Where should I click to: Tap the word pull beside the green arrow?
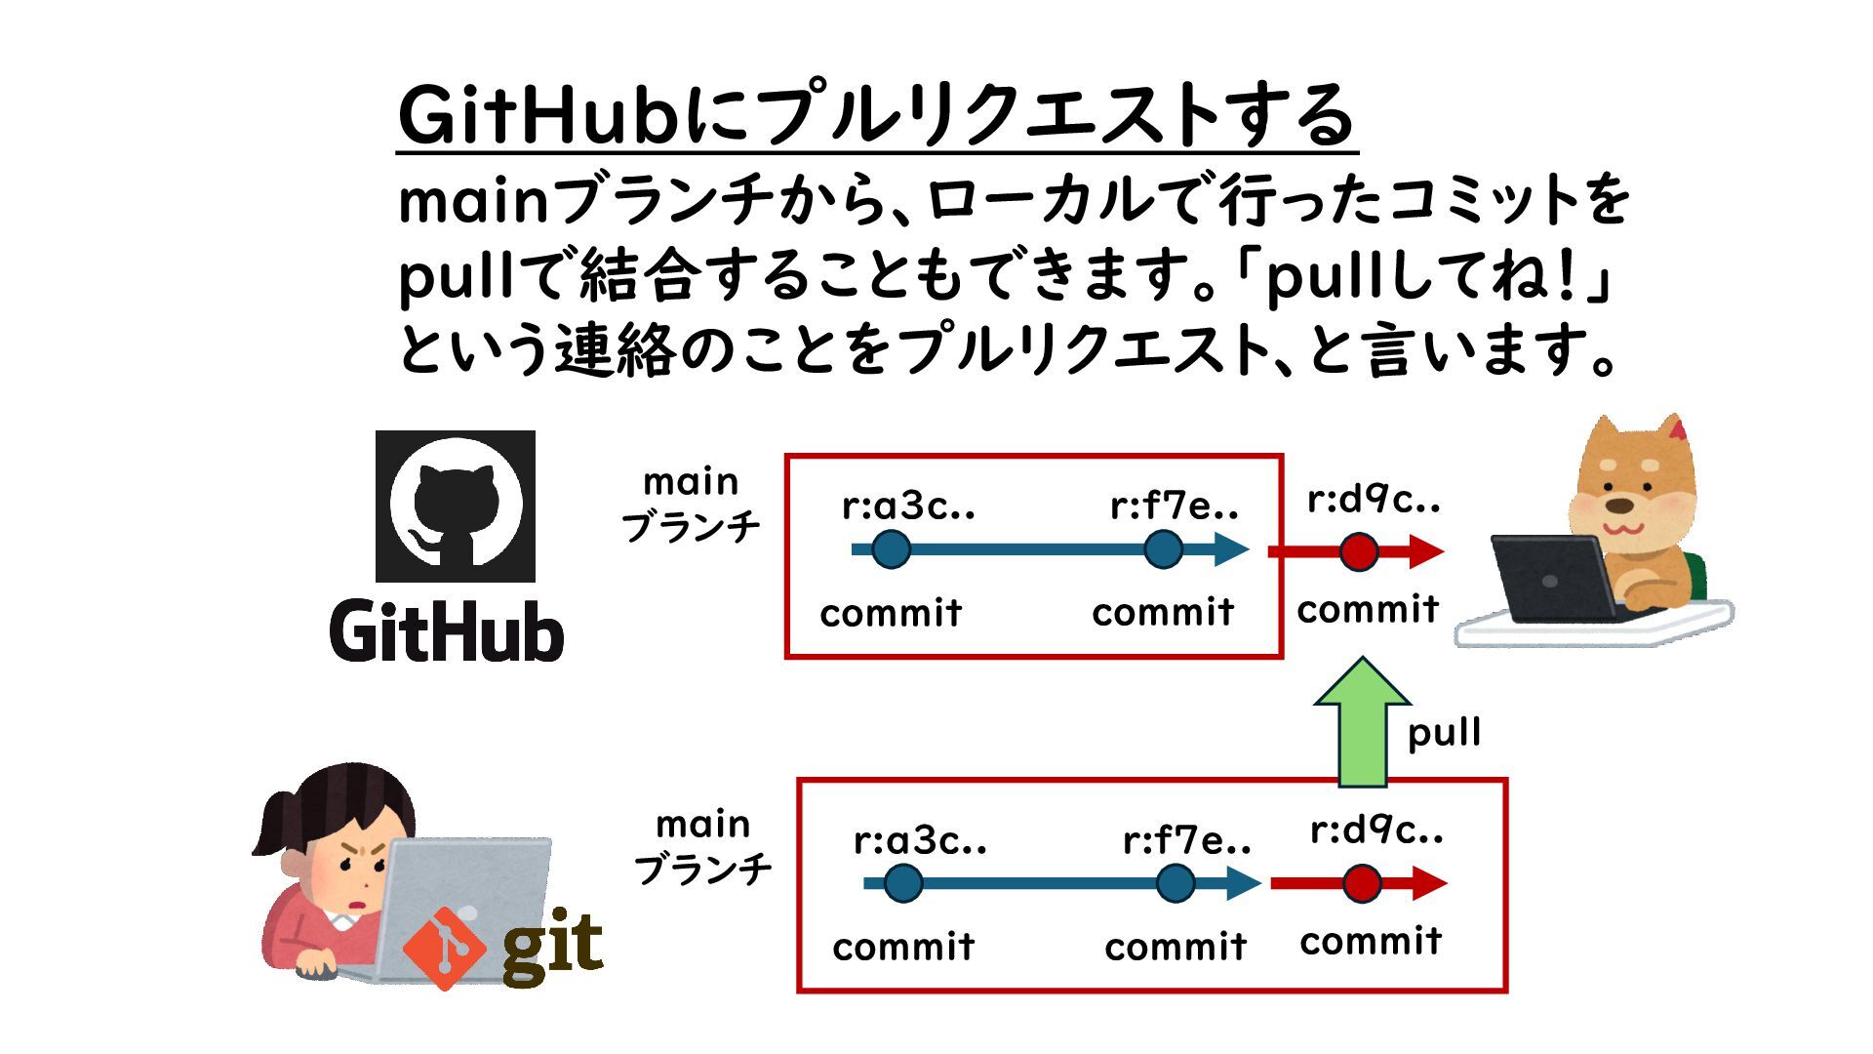pyautogui.click(x=1444, y=732)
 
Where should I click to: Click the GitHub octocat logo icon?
pyautogui.click(x=456, y=506)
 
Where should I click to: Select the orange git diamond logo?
pyautogui.click(x=444, y=948)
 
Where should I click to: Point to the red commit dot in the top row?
pyautogui.click(x=1359, y=551)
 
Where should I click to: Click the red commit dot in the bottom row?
pyautogui.click(x=1362, y=884)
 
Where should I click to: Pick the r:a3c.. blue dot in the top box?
pyautogui.click(x=891, y=549)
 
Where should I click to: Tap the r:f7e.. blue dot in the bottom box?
pyautogui.click(x=1176, y=884)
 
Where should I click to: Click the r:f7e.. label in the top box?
pyautogui.click(x=1175, y=506)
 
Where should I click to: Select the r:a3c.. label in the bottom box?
pyautogui.click(x=920, y=839)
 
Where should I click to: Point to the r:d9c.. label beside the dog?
pyautogui.click(x=1374, y=500)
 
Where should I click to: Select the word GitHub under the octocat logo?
pyautogui.click(x=447, y=631)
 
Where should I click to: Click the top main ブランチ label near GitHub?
pyautogui.click(x=691, y=505)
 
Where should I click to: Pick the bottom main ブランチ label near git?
pyautogui.click(x=702, y=846)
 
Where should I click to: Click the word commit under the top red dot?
pyautogui.click(x=1368, y=610)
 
